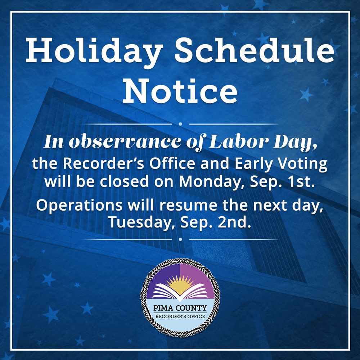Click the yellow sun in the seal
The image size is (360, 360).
pos(180,282)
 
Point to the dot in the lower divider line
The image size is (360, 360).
pos(180,239)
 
